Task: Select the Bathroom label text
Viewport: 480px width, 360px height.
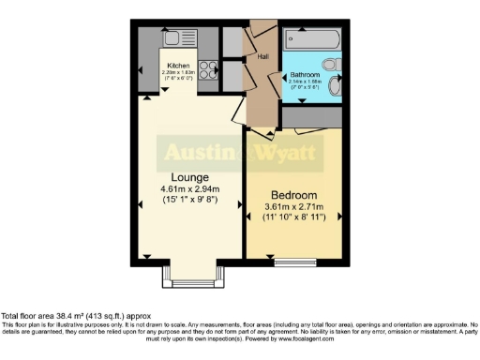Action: pos(305,74)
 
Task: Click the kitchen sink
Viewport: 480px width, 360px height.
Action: pos(176,38)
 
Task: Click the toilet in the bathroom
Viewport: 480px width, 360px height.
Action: pos(337,90)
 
